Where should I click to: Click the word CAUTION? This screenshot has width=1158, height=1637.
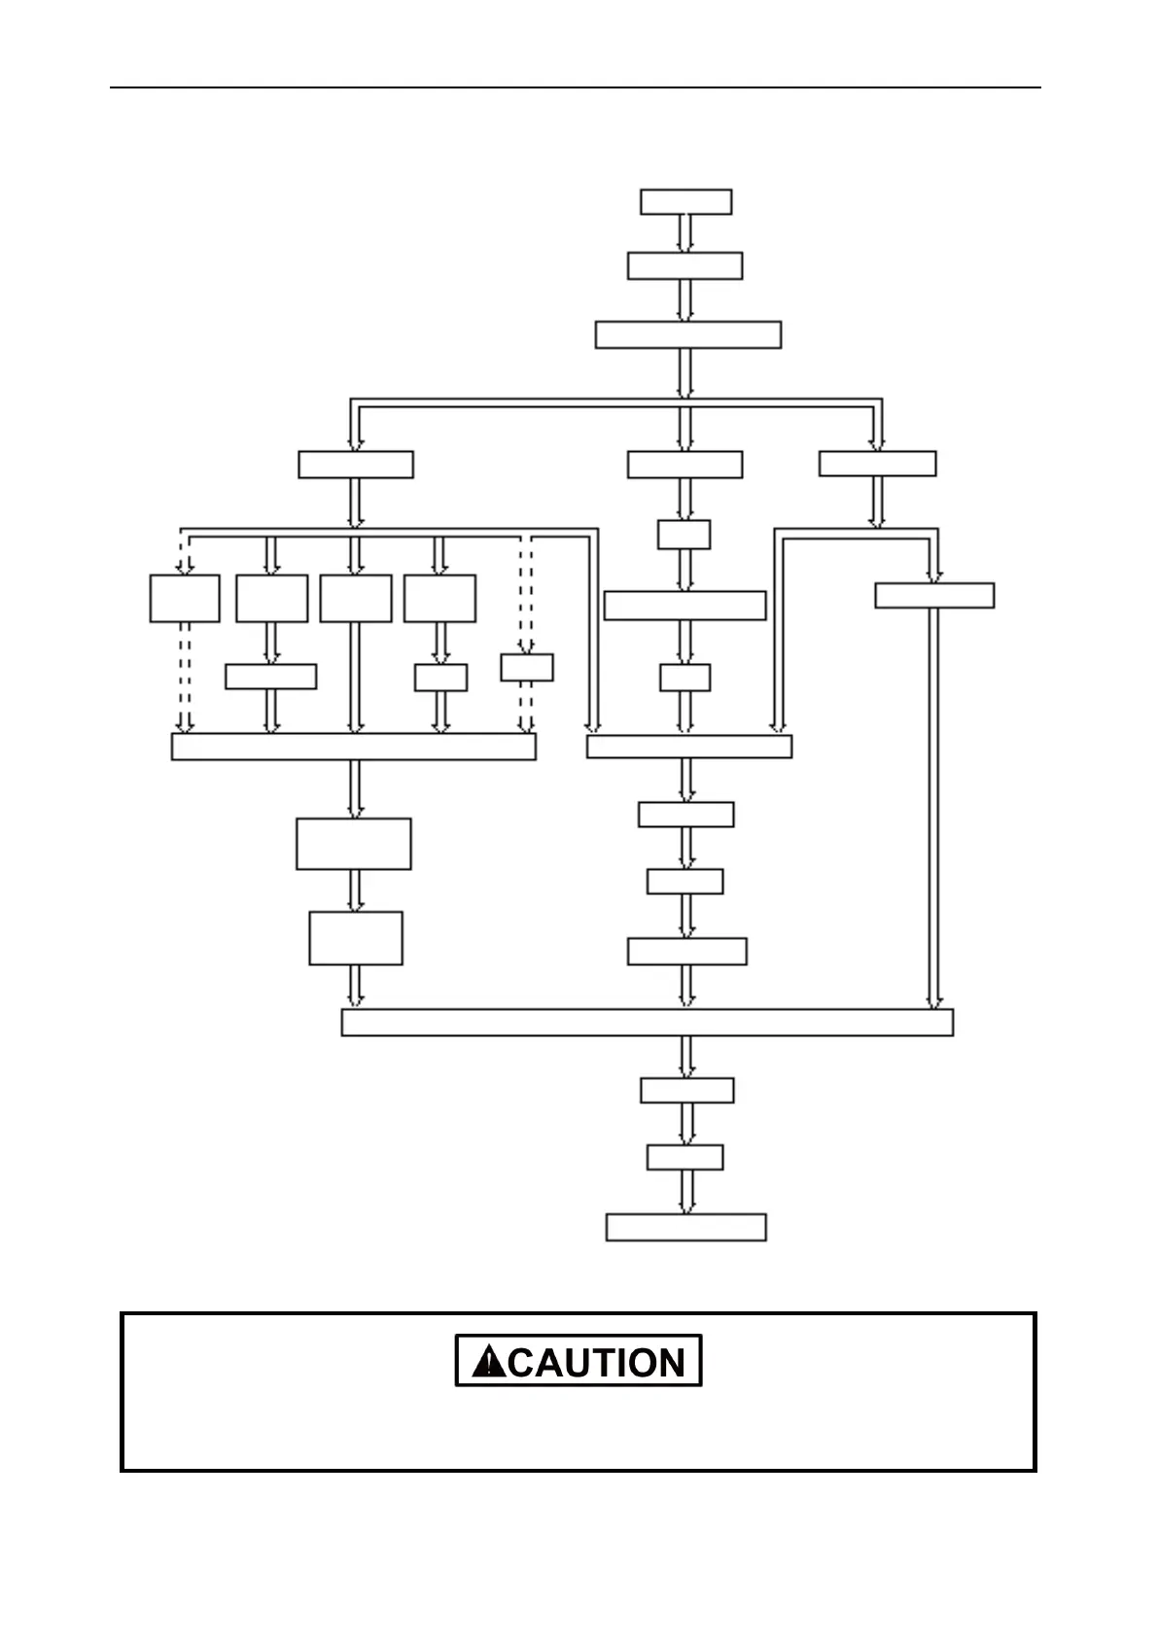click(x=596, y=1363)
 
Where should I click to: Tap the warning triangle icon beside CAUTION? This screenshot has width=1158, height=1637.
click(x=488, y=1362)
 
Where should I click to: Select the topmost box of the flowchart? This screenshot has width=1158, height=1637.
click(x=685, y=202)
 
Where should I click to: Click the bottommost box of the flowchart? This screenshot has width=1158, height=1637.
click(x=685, y=1227)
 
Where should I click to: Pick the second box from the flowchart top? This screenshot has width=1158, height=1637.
click(x=684, y=265)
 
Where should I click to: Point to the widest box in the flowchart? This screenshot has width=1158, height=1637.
click(x=647, y=1023)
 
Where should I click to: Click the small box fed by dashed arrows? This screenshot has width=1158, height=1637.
click(x=527, y=668)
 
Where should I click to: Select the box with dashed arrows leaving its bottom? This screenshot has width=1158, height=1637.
click(x=185, y=598)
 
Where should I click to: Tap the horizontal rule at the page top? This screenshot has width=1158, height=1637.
click(x=575, y=87)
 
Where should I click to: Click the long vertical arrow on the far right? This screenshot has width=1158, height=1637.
click(x=934, y=807)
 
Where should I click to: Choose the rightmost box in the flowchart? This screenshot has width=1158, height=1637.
click(x=934, y=595)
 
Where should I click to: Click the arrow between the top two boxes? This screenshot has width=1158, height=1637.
click(x=685, y=233)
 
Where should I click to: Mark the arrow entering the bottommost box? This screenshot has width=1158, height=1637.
click(x=686, y=1192)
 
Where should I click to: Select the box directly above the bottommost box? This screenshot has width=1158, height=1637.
click(x=684, y=1157)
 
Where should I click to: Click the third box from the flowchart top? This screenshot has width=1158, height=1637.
click(x=687, y=334)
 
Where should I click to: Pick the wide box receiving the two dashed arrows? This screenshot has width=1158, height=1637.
click(x=353, y=747)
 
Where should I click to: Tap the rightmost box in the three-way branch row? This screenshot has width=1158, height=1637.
click(x=877, y=464)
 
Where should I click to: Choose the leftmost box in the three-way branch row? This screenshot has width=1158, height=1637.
click(x=356, y=465)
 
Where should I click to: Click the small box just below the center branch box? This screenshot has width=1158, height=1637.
click(x=684, y=535)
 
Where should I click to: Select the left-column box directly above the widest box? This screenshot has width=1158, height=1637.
click(x=356, y=938)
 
